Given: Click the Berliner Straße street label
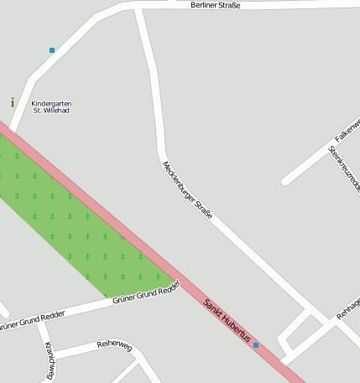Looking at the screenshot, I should point(216,5).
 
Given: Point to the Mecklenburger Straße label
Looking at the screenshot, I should point(187,190).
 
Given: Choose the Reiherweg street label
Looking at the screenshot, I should point(115,345).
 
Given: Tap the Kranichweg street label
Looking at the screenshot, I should point(50,362).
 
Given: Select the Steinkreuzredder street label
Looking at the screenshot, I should point(344,168).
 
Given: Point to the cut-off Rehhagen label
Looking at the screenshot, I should point(347,308).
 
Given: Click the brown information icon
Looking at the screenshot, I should point(12,102).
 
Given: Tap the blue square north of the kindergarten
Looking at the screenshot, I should point(52,50).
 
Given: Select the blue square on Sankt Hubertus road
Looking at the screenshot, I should point(256,345).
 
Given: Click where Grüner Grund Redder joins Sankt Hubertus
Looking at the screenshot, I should point(180,281).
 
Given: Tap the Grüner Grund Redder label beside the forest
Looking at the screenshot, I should point(146,292).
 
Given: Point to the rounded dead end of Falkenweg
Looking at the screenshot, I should point(286,180).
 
